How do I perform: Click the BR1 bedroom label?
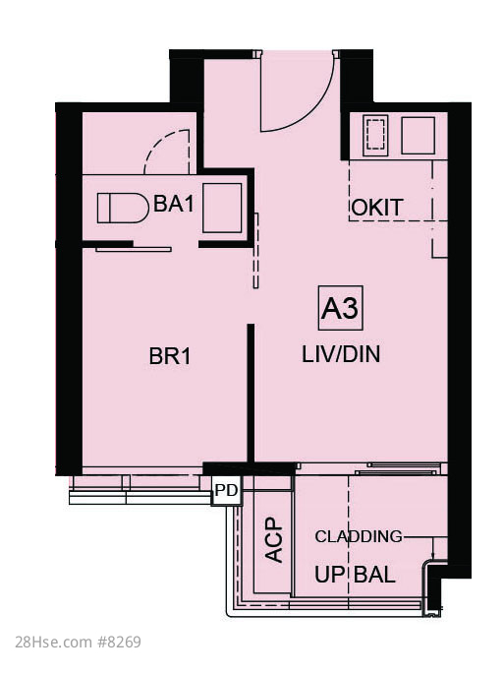[x=169, y=357]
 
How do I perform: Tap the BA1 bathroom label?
[x=174, y=203]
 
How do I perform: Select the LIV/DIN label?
[x=341, y=354]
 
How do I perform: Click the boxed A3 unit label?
[x=340, y=308]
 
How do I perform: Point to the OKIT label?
[x=377, y=208]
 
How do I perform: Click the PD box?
[x=226, y=490]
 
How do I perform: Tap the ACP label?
[x=274, y=540]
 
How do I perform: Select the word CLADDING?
[x=359, y=536]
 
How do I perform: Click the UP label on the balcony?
[x=330, y=575]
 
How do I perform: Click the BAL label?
[x=374, y=575]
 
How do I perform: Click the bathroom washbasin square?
[x=222, y=208]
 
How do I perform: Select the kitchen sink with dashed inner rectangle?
[x=375, y=135]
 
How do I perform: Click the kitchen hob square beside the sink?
[x=419, y=135]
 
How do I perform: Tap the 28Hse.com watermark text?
[x=53, y=643]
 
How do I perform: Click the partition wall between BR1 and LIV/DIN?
[x=251, y=393]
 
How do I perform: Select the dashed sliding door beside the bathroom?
[x=256, y=250]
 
